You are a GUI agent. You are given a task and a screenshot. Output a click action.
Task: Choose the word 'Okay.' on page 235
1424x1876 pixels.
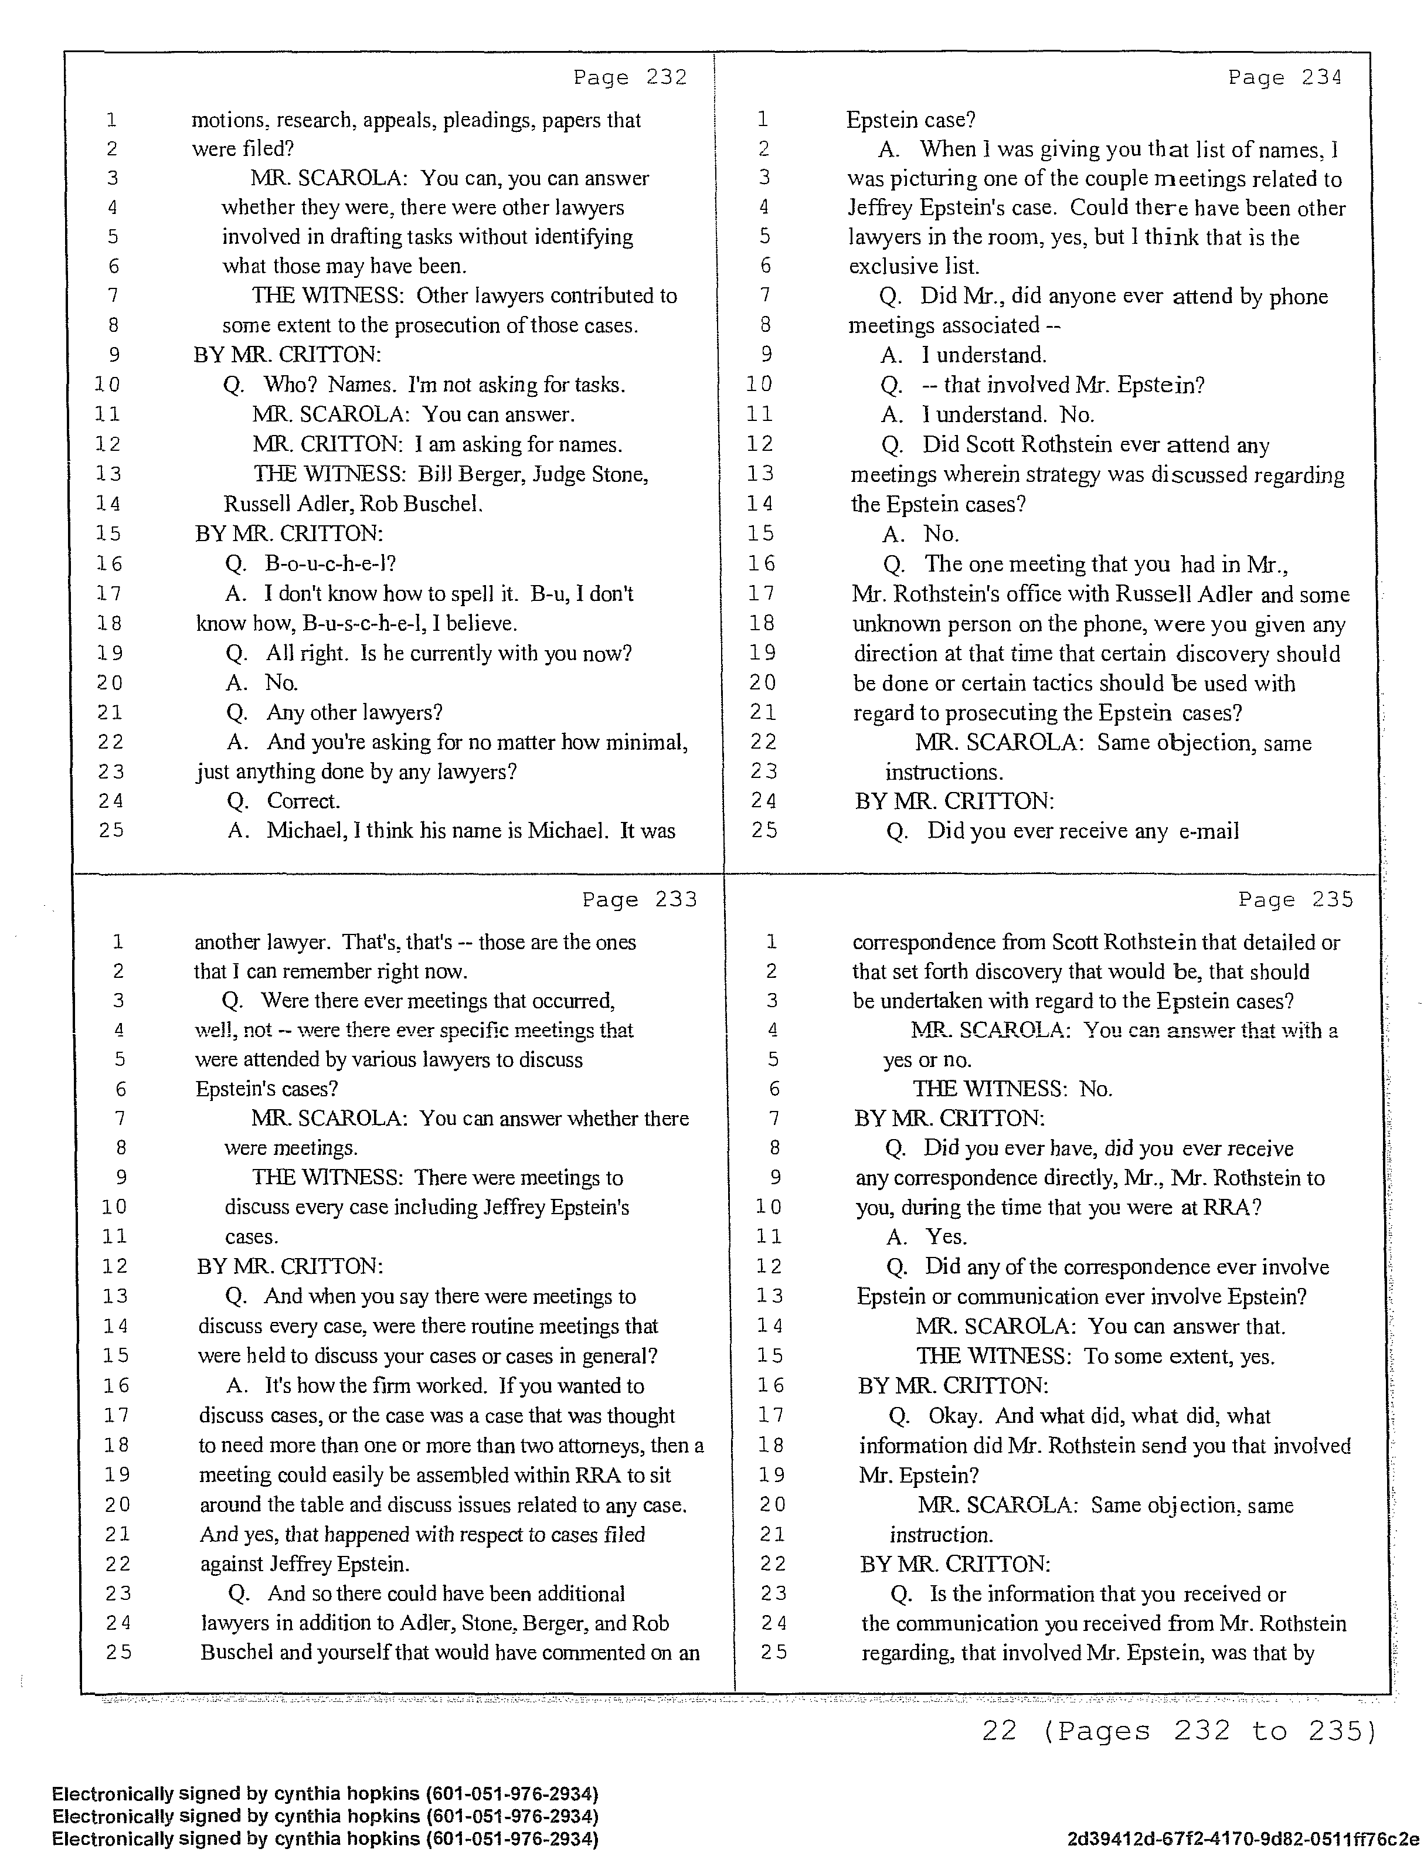(955, 1415)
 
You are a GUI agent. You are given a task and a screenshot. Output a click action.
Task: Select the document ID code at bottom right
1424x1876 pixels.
(1242, 1838)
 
